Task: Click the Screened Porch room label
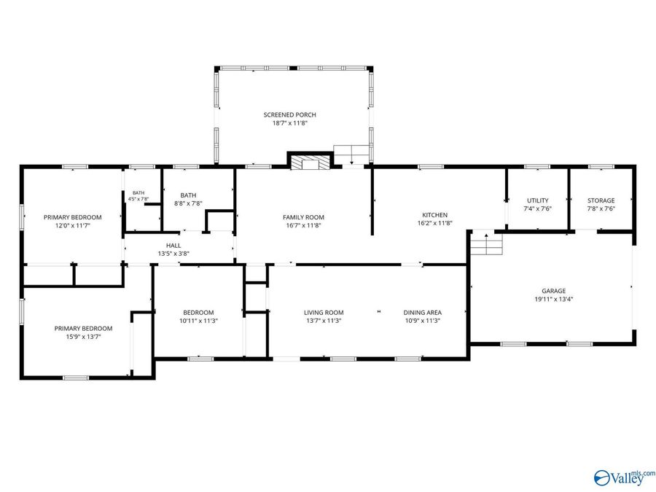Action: [x=289, y=114]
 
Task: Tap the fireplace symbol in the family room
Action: [x=310, y=163]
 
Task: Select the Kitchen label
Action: [x=434, y=215]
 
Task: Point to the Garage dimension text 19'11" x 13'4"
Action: [x=553, y=299]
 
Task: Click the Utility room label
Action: [x=538, y=200]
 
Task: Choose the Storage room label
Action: [x=601, y=200]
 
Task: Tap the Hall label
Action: [x=173, y=246]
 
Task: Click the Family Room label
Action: [x=303, y=217]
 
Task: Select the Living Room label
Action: [x=324, y=313]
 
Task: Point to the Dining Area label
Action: [x=423, y=313]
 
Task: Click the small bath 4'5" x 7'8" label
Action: [x=138, y=196]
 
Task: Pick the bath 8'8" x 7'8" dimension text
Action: [x=188, y=203]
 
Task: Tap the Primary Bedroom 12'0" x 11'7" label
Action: [x=73, y=221]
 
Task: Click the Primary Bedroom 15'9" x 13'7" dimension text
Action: [x=83, y=336]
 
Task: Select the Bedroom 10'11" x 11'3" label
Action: [x=198, y=316]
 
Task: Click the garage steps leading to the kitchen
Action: [x=486, y=243]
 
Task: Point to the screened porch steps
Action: [x=352, y=154]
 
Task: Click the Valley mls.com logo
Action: [x=624, y=477]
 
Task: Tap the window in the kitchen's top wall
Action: [x=431, y=166]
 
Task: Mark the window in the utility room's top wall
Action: [x=537, y=166]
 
